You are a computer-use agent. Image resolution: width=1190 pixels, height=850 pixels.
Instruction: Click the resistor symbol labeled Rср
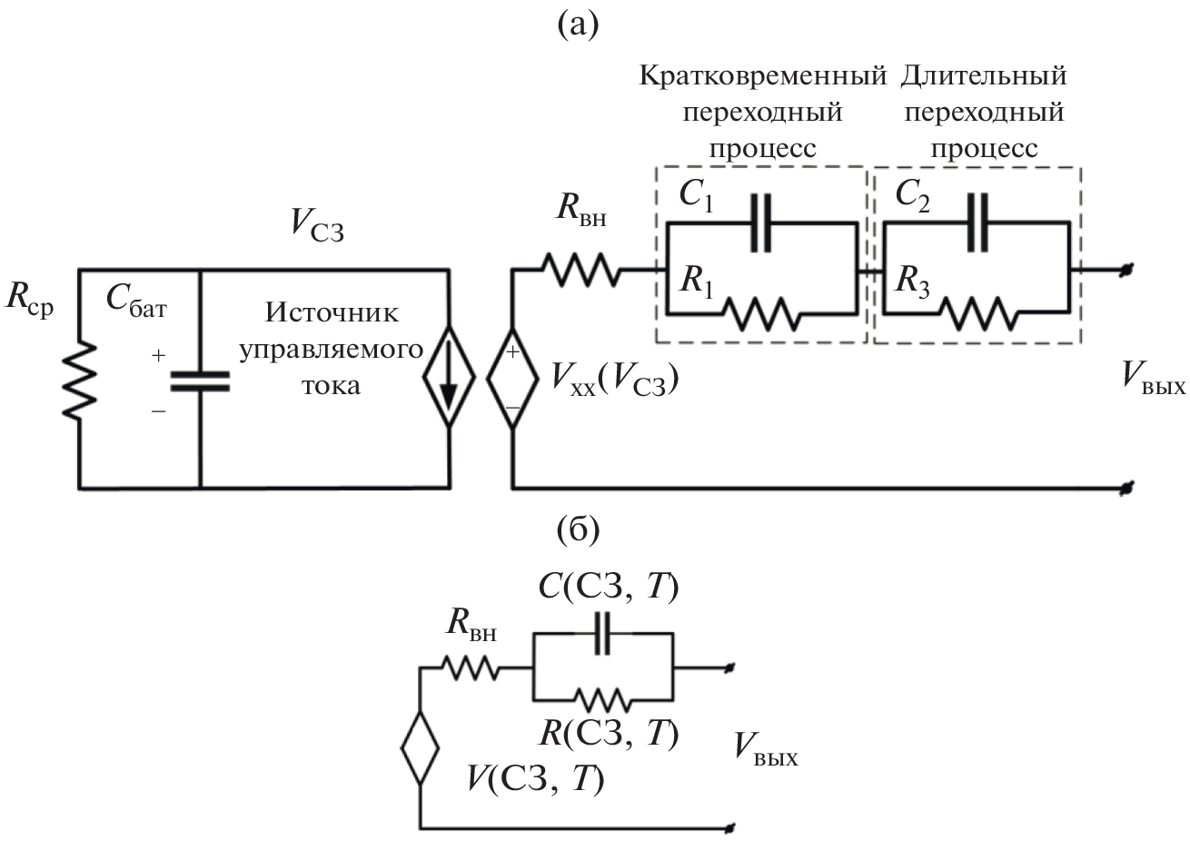pos(82,381)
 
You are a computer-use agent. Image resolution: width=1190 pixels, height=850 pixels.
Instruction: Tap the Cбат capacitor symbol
pos(200,381)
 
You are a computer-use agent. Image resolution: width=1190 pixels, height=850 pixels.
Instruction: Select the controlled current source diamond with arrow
pos(450,381)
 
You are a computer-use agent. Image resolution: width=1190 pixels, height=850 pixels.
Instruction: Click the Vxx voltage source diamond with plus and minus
pos(511,381)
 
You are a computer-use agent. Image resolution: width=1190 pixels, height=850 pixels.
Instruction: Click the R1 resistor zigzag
pos(761,314)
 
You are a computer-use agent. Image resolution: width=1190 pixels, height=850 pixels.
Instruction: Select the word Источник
pos(332,313)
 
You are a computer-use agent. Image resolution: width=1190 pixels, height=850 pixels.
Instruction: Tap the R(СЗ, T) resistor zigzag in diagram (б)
pos(600,698)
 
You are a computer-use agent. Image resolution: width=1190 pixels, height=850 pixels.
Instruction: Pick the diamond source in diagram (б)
pos(420,749)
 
